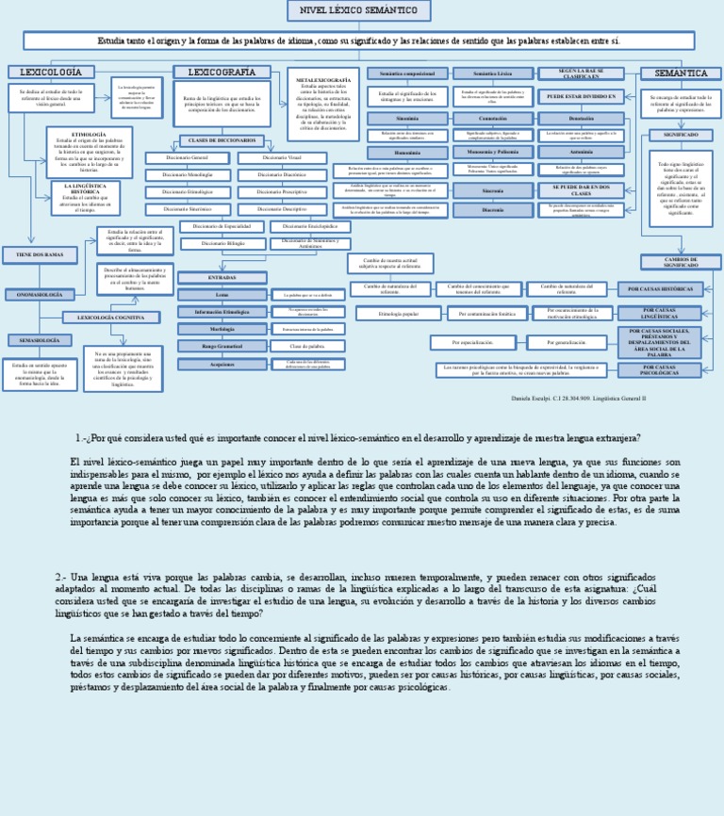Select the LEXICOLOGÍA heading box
[x=51, y=73]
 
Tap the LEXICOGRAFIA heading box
[x=222, y=73]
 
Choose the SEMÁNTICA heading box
[x=680, y=73]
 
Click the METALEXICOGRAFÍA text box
[x=323, y=104]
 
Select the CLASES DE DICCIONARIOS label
[x=222, y=140]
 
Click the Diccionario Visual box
[x=281, y=158]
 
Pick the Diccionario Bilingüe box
[x=222, y=243]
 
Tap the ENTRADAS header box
[x=222, y=278]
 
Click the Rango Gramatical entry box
[x=222, y=346]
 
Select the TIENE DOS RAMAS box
[x=40, y=255]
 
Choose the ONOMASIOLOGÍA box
[x=40, y=295]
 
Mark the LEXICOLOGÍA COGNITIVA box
[x=111, y=318]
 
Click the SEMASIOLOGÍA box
[x=40, y=340]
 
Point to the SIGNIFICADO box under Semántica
[x=681, y=135]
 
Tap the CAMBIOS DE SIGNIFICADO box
[x=681, y=262]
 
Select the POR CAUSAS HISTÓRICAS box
[x=660, y=289]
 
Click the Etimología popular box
[x=398, y=313]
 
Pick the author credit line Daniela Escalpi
[x=579, y=399]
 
